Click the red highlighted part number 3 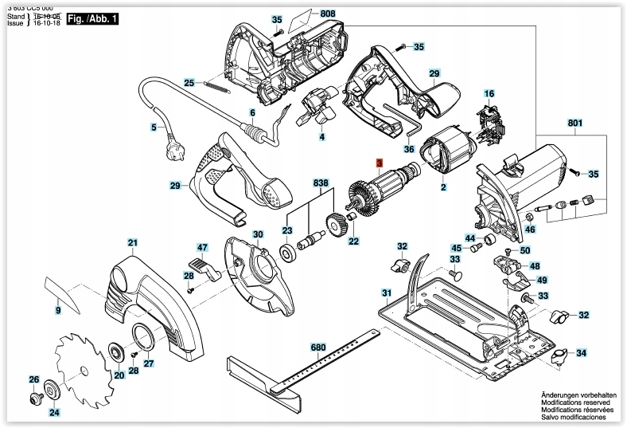pos(380,163)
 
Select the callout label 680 pos(318,348)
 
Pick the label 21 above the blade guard pos(133,242)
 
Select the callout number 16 pos(489,93)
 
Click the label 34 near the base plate pos(582,353)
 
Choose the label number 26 pos(33,379)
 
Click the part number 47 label pos(202,248)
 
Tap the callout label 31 pos(386,293)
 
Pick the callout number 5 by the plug pos(154,127)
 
